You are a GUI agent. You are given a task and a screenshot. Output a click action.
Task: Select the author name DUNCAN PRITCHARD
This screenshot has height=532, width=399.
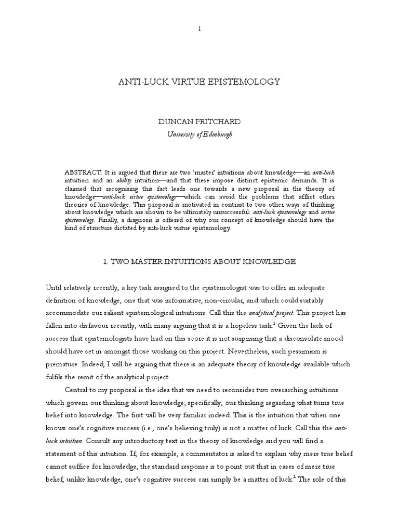[x=199, y=121]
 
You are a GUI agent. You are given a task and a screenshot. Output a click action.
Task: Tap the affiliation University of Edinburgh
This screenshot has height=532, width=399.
[x=199, y=134]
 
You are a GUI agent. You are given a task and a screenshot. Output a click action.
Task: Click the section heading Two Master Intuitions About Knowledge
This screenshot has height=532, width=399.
[x=199, y=262]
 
